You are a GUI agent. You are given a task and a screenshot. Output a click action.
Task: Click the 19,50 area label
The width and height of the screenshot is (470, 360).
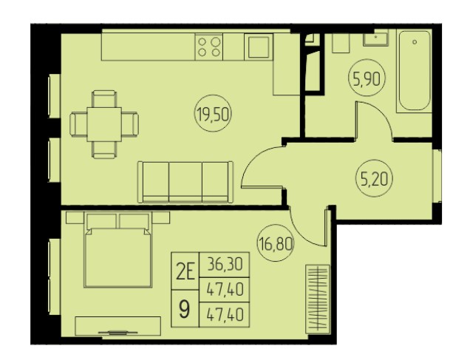(x=214, y=115)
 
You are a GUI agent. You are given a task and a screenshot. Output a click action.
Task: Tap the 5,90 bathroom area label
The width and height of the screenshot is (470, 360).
(x=367, y=79)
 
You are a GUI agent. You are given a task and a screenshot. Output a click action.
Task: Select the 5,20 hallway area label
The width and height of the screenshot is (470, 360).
(x=375, y=179)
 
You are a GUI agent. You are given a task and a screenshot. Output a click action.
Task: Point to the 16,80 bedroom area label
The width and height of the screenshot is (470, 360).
(x=276, y=243)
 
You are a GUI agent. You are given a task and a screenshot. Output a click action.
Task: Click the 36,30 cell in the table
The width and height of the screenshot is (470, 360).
(x=224, y=265)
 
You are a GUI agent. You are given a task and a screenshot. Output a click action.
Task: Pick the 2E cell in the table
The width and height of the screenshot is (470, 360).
(x=185, y=271)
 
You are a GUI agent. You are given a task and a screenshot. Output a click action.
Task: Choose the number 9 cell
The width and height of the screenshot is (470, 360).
(x=185, y=309)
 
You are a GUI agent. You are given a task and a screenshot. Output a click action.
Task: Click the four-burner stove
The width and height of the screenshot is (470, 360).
(x=209, y=47)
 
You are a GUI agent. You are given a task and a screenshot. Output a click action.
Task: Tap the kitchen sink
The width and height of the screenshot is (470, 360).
(x=259, y=47)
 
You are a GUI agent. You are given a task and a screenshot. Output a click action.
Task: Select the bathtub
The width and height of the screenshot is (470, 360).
(x=415, y=71)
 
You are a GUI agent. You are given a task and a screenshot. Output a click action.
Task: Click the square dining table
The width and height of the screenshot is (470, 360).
(x=104, y=124)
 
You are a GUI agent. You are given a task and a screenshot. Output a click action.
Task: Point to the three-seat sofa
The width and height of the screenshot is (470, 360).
(x=185, y=183)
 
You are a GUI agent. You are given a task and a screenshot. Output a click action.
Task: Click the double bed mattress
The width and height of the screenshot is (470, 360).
(x=117, y=257)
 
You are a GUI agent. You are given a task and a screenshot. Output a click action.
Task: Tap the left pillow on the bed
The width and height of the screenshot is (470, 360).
(x=101, y=221)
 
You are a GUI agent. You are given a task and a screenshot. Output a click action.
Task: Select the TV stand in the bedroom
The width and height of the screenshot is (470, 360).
(x=117, y=326)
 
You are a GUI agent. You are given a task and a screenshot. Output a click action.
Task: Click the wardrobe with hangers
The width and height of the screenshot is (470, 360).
(x=318, y=299)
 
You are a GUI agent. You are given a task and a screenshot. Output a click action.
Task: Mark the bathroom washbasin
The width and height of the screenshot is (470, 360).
(x=375, y=39)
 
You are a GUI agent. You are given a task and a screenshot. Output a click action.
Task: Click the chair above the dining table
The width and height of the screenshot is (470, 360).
(x=104, y=98)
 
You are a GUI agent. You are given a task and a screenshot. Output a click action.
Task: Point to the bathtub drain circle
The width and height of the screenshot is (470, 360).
(x=415, y=42)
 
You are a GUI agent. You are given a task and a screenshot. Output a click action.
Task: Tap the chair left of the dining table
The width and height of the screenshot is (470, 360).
(x=78, y=124)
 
